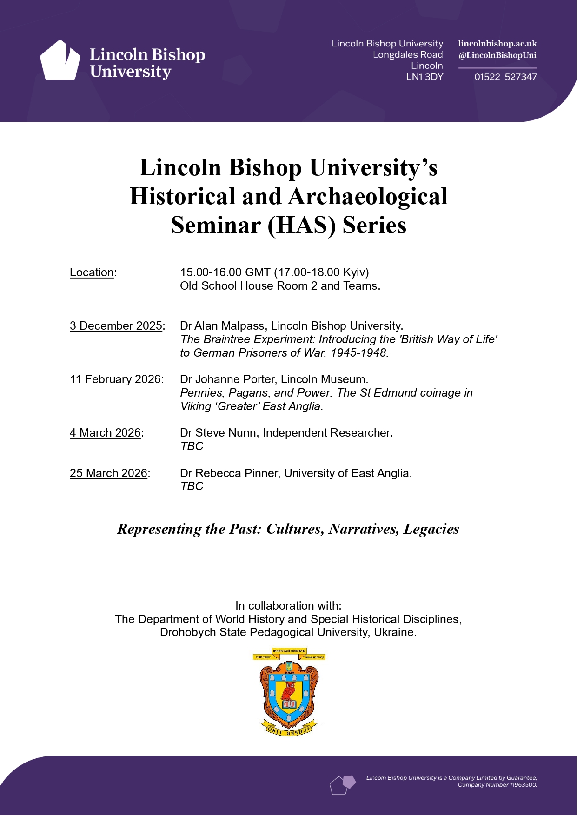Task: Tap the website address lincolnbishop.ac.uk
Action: [497, 44]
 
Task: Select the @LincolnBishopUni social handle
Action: [497, 55]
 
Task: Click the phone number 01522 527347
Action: [505, 77]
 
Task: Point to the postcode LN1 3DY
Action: [424, 77]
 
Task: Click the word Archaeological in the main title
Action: [368, 197]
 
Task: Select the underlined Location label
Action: [92, 272]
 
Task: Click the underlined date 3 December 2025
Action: [116, 326]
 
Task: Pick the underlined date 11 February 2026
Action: [115, 379]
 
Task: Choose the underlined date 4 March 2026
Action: [105, 433]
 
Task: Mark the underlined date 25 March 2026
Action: [108, 473]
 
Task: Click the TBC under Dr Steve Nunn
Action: [192, 446]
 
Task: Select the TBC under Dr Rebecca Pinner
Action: [192, 486]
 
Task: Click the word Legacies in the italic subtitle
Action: [431, 529]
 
